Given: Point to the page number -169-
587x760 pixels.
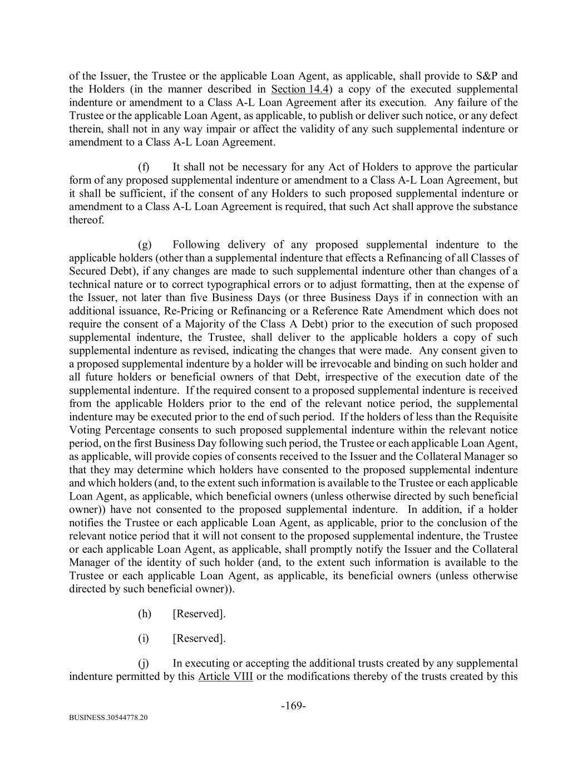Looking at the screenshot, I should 293,706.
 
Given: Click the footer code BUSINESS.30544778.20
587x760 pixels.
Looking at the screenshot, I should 108,718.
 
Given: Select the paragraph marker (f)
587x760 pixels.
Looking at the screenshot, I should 143,167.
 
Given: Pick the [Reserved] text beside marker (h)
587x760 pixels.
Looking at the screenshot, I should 199,614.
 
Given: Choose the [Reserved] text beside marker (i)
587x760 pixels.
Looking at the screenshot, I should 199,639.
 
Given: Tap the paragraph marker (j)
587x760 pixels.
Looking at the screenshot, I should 143,664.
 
